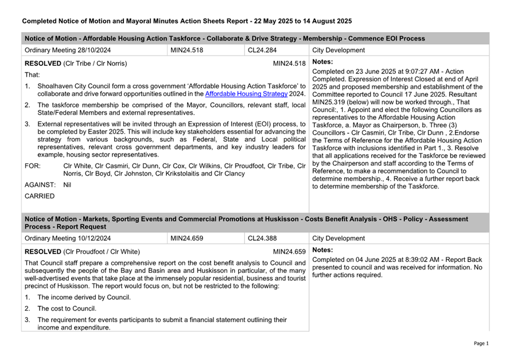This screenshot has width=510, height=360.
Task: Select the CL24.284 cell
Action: pos(262,50)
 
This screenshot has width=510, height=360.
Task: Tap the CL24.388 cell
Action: pos(262,238)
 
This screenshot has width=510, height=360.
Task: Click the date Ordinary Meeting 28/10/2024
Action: pos(68,50)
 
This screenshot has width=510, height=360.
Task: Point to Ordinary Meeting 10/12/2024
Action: pos(68,238)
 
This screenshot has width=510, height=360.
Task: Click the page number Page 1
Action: pos(481,343)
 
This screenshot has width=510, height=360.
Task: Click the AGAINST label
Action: pos(40,185)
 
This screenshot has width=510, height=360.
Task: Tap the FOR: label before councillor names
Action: pos(33,166)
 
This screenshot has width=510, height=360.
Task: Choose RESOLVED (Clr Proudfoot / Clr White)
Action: pos(83,251)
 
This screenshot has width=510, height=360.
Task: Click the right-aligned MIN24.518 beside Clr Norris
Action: pos(289,63)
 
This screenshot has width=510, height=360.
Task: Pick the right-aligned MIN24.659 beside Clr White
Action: pos(289,251)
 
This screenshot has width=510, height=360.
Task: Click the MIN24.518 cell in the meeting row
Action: pos(187,50)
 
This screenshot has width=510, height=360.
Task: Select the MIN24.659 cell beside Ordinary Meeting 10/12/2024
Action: pos(187,238)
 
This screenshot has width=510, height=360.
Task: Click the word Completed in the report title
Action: pos(41,21)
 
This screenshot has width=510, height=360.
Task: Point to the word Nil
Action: pos(67,185)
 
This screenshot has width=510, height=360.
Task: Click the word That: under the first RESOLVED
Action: pos(33,75)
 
